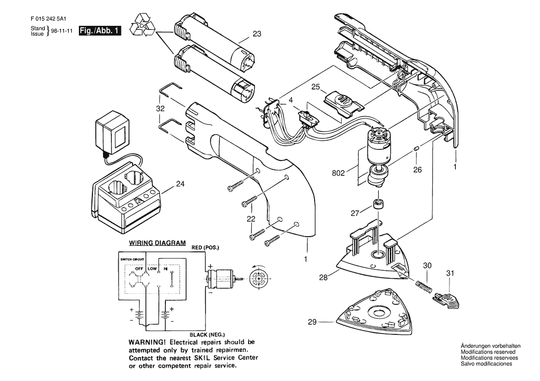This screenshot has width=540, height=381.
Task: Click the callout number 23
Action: (x=257, y=34)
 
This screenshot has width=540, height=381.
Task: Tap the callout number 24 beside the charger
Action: (x=180, y=184)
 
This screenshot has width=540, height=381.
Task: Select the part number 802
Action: (x=338, y=173)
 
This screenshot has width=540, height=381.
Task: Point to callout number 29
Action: (x=312, y=322)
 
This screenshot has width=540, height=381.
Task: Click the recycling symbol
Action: (x=143, y=24)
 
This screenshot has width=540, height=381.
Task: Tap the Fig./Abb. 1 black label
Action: (x=100, y=30)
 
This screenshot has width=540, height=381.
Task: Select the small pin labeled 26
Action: (x=416, y=148)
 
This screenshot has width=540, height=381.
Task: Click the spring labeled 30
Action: (x=424, y=287)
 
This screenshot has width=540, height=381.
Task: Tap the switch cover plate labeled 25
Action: (x=344, y=103)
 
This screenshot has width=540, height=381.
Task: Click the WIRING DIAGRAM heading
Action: (x=157, y=243)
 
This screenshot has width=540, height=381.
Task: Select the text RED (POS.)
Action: (x=205, y=248)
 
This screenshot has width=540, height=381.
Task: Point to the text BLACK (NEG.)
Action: (x=207, y=334)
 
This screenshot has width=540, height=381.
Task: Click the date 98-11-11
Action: (x=61, y=31)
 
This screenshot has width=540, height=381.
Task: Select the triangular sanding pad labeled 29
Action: (x=374, y=313)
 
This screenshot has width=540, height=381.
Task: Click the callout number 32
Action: (x=160, y=109)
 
